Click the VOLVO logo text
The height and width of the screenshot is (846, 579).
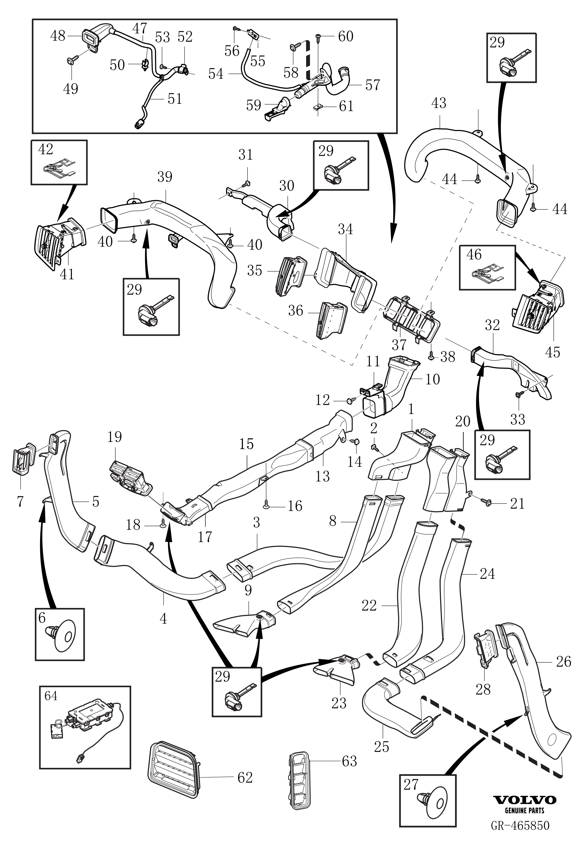click(525, 800)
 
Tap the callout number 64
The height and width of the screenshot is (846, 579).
click(51, 696)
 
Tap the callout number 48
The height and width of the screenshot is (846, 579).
click(57, 36)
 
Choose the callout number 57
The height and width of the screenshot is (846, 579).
click(372, 84)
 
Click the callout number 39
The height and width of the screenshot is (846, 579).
click(164, 177)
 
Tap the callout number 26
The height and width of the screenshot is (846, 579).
click(563, 661)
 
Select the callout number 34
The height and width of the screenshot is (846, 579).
click(345, 229)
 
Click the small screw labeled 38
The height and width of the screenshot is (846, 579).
click(431, 357)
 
